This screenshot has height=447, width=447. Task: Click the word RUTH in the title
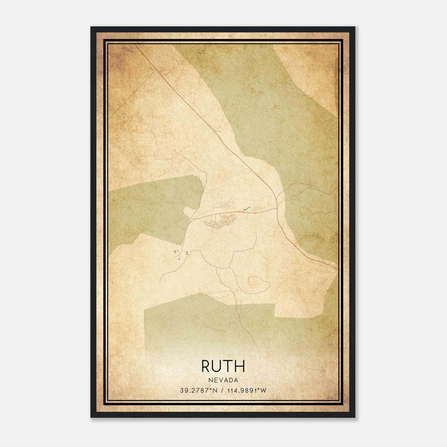[223, 366]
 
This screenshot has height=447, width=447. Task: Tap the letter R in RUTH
[206, 366]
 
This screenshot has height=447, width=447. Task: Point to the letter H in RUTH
[240, 366]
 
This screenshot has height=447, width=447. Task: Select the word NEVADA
[223, 380]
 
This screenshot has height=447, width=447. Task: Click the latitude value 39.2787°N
[198, 391]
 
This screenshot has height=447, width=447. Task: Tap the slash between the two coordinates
[222, 391]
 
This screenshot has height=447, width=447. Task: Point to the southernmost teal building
[179, 259]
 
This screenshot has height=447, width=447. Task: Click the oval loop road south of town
[259, 285]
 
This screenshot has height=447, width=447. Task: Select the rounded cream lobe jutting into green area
[188, 211]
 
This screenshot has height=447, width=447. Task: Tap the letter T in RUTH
[229, 366]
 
